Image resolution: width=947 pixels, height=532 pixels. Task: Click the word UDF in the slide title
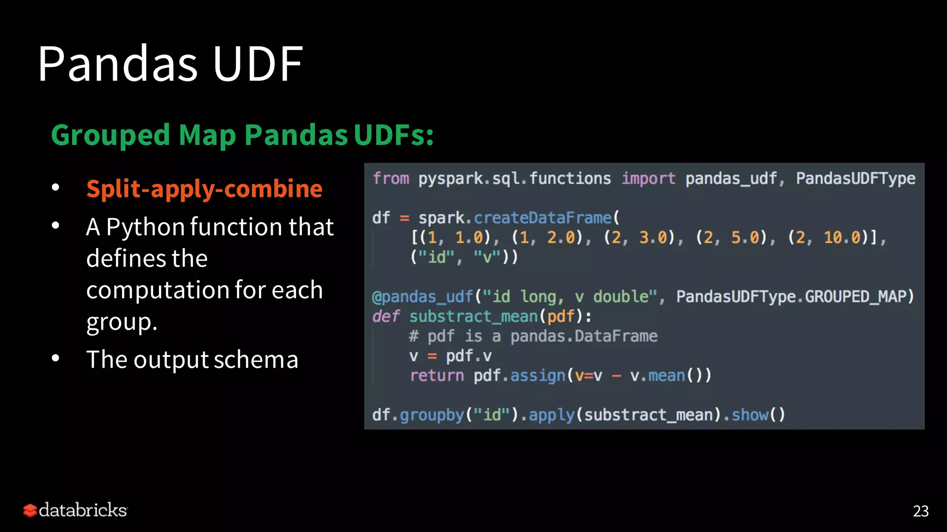258,64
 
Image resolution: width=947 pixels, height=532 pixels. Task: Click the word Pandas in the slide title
118,64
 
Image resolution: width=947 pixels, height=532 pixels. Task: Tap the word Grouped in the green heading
111,135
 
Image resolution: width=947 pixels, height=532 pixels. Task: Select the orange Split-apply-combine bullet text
204,189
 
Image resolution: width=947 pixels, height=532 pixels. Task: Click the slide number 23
920,511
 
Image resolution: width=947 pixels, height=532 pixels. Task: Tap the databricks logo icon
30,510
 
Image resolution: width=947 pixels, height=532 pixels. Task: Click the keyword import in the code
648,179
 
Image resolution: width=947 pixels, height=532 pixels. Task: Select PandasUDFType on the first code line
855,179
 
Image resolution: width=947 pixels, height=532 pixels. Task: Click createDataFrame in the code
542,218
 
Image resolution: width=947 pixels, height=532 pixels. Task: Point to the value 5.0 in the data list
745,238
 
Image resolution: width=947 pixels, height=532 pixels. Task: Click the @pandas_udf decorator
423,296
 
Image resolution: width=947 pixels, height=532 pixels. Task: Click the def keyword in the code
386,317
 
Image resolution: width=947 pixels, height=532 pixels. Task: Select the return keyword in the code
437,376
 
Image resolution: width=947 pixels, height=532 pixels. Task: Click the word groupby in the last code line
431,415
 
